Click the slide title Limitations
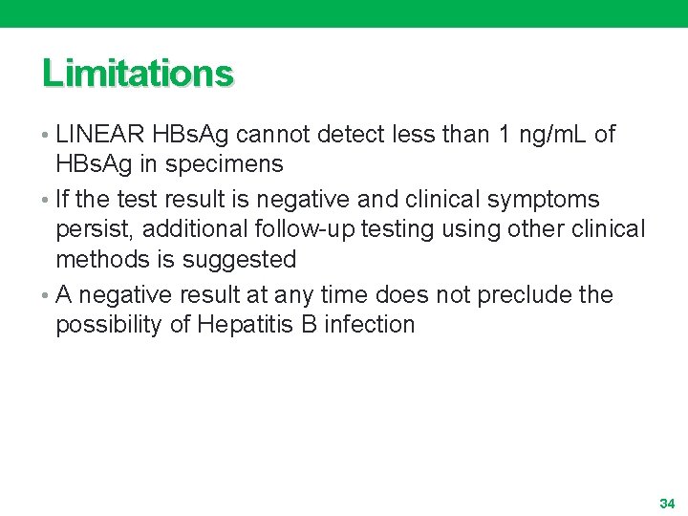(137, 74)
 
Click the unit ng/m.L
(552, 135)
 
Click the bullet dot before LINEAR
(47, 136)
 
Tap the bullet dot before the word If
(47, 201)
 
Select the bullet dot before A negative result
(47, 295)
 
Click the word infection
(370, 324)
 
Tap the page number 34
(666, 503)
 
